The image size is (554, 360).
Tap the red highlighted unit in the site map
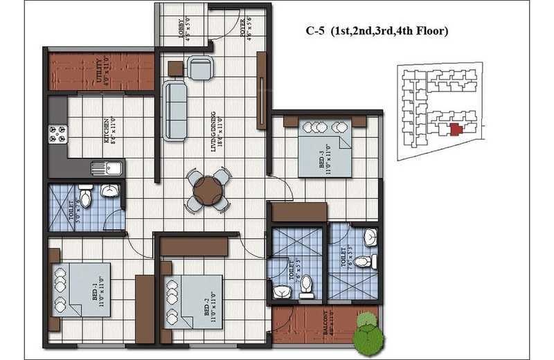pos(455,129)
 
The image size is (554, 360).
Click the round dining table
pos(207,190)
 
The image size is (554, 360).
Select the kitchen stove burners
pos(57,133)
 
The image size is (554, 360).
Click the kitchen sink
pos(107,168)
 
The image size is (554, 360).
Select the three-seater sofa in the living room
pos(175,109)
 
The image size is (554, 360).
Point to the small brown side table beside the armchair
pos(175,68)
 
